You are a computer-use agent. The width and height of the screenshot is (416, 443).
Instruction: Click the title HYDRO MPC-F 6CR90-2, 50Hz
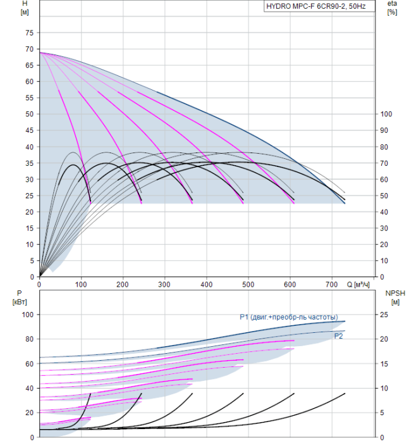click(319, 8)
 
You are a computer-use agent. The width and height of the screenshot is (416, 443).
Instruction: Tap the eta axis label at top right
click(392, 4)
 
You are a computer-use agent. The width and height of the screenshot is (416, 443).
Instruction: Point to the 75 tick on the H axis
click(28, 33)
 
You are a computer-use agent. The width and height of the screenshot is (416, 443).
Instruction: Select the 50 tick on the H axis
click(28, 114)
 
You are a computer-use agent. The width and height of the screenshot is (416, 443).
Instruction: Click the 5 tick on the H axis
click(30, 261)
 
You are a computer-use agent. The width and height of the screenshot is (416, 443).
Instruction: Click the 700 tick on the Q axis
click(332, 284)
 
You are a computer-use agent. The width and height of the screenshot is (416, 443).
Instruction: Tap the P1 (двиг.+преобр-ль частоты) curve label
click(288, 317)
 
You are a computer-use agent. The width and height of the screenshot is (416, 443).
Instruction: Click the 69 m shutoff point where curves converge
click(40, 53)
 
